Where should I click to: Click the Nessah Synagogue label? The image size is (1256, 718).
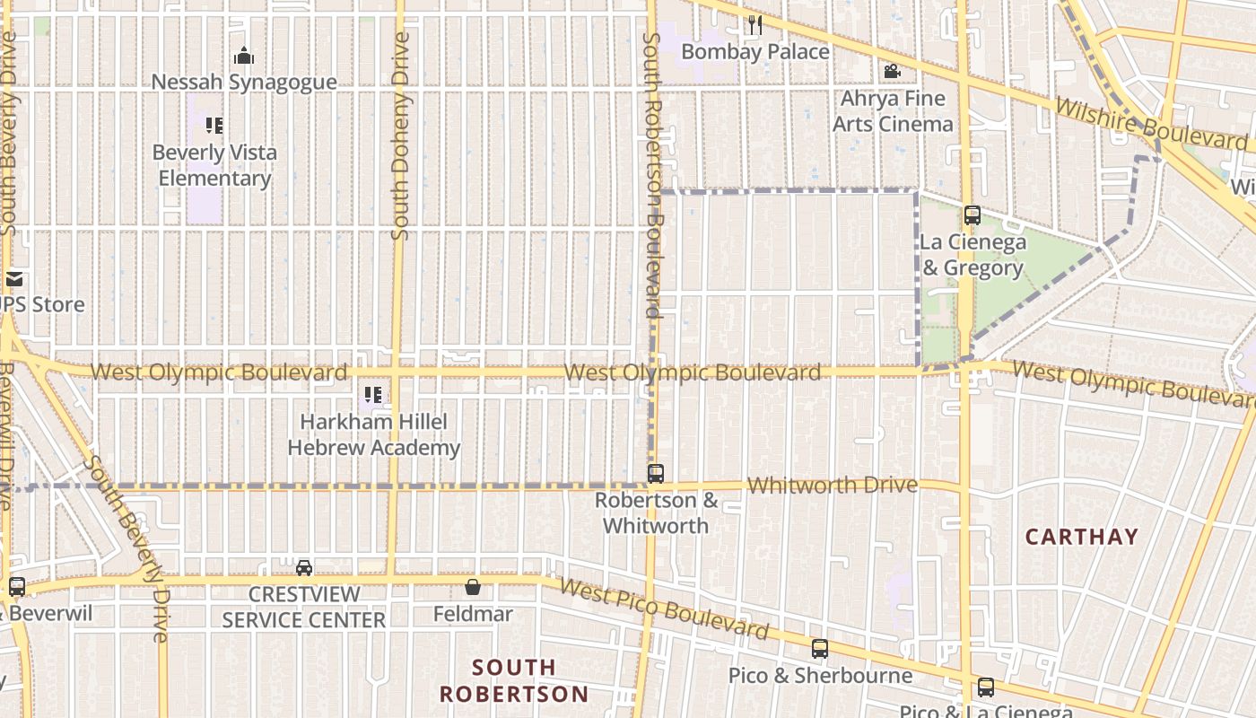(x=244, y=83)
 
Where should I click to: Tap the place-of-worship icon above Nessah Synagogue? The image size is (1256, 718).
(x=244, y=57)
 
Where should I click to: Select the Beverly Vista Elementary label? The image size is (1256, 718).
(x=214, y=165)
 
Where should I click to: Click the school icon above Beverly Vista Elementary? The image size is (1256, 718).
(x=214, y=126)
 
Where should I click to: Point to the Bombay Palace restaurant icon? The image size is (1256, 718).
(x=754, y=25)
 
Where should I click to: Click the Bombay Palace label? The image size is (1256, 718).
(x=754, y=52)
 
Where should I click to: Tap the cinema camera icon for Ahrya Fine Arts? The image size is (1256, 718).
(x=892, y=71)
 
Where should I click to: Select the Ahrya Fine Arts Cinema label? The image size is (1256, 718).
(x=893, y=111)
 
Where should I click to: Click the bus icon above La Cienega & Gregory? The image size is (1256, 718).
(x=972, y=215)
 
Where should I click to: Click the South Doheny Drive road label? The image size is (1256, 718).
(x=400, y=136)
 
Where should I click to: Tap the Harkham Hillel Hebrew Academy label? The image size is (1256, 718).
(x=373, y=434)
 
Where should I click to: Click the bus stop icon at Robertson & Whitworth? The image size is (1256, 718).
(x=656, y=473)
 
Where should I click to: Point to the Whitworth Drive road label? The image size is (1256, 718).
(x=833, y=486)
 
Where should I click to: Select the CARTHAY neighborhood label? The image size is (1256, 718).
(x=1081, y=537)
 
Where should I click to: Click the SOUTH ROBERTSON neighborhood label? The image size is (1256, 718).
(x=513, y=680)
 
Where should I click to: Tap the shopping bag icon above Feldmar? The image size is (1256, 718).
(x=473, y=587)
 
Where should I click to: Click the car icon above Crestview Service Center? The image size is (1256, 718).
(x=304, y=567)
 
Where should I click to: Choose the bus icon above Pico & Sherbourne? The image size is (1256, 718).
(x=820, y=648)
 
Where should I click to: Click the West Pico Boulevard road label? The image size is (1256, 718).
(x=664, y=609)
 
